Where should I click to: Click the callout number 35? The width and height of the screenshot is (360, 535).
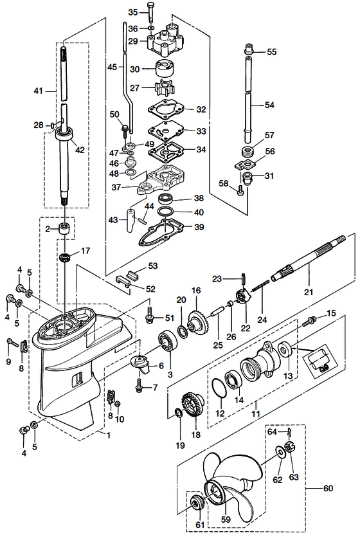tap(133, 12)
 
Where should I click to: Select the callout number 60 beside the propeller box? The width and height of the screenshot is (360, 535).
tap(328, 488)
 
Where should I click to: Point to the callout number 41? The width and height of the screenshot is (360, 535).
tap(37, 92)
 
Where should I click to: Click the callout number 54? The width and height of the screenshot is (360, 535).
tap(269, 104)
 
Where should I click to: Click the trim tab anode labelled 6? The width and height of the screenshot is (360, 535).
tap(139, 364)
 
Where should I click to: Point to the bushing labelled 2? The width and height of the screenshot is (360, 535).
tap(65, 229)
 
